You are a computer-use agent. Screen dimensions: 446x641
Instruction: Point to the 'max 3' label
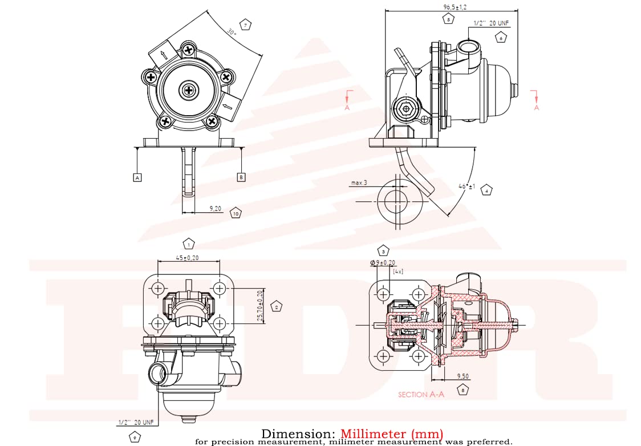pos(359,183)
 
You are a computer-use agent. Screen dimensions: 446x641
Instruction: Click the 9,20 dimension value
pos(216,209)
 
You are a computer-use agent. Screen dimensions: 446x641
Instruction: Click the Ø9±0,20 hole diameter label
pos(383,263)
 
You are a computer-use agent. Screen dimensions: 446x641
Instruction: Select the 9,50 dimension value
pos(463,376)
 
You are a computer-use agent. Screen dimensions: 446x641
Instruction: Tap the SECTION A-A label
pos(421,394)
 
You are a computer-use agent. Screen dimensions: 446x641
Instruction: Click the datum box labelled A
pos(137,177)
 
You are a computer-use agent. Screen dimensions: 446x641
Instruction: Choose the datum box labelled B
pos(241,177)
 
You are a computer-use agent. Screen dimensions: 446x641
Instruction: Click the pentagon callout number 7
pos(246,25)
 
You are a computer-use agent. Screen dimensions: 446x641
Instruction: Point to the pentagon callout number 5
pos(448,19)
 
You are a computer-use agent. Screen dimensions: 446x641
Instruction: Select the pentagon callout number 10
pos(236,213)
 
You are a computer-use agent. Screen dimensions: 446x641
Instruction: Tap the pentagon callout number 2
pos(277,306)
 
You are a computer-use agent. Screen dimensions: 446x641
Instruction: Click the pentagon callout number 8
pos(463,391)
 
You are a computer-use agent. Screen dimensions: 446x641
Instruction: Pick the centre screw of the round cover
pos(188,90)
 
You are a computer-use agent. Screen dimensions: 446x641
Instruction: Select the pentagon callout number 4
pos(486,190)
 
